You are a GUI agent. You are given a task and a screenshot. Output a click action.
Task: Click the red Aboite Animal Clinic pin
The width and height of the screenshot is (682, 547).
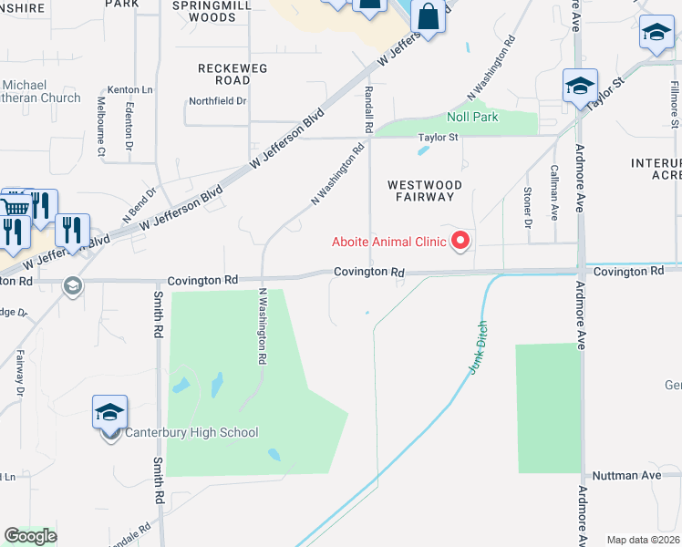pyautogui.click(x=460, y=241)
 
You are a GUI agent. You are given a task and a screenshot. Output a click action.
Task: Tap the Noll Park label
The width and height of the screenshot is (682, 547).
pyautogui.click(x=472, y=118)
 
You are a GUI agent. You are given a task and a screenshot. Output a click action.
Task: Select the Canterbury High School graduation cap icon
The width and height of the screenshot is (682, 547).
pyautogui.click(x=109, y=413)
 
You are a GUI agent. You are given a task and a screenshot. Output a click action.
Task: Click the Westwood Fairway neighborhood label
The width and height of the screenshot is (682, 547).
pyautogui.click(x=420, y=191)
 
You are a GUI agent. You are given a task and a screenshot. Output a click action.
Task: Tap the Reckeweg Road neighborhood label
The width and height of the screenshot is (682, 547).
pyautogui.click(x=224, y=74)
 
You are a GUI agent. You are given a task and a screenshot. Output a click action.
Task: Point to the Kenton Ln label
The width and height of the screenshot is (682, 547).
pyautogui.click(x=128, y=89)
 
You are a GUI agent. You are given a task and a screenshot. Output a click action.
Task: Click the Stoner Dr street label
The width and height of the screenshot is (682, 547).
pyautogui.click(x=528, y=207)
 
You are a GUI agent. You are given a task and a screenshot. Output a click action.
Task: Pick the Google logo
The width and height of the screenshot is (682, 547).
pyautogui.click(x=30, y=536)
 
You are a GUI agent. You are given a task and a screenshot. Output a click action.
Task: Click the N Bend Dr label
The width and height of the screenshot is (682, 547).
pyautogui.click(x=139, y=207)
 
